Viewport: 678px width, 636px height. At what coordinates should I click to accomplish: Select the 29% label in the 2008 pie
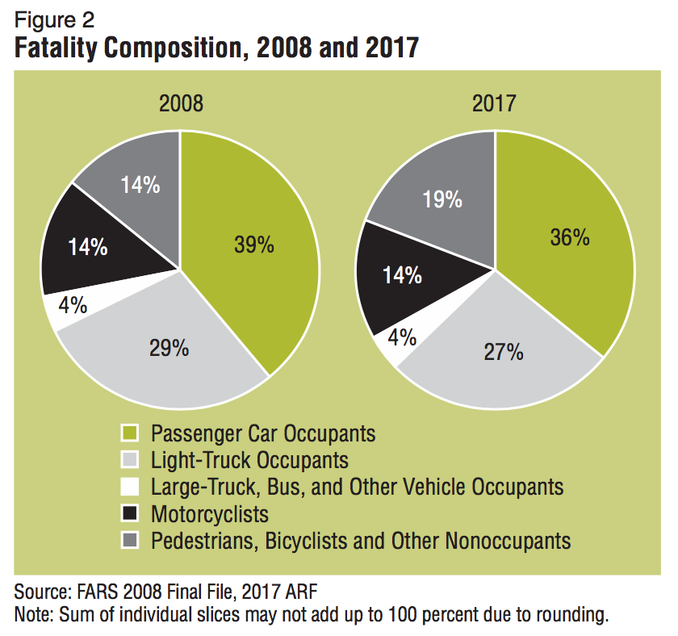169,348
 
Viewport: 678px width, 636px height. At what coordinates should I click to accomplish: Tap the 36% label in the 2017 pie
570,238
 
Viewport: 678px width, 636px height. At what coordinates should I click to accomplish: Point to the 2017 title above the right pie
494,104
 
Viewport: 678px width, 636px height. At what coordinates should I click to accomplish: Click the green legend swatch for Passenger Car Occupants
129,434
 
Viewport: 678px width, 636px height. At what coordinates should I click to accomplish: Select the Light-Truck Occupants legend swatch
129,461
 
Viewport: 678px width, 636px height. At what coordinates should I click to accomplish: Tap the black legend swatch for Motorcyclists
129,513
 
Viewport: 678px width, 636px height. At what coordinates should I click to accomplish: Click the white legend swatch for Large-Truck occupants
129,487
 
